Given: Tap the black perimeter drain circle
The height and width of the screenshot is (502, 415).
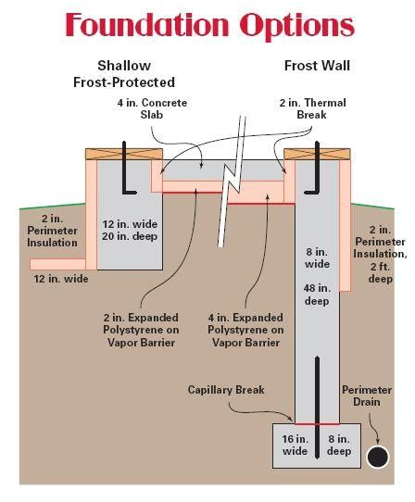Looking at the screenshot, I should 376,458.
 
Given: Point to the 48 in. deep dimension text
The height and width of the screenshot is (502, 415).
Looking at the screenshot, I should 316,294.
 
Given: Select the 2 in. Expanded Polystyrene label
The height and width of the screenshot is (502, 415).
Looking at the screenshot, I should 141,330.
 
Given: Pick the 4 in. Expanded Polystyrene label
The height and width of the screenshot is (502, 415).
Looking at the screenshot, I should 245,330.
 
